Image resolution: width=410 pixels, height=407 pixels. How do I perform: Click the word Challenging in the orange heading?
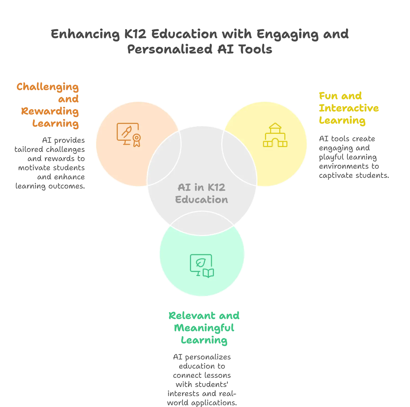(48, 87)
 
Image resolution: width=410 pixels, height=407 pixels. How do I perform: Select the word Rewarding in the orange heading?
(50, 111)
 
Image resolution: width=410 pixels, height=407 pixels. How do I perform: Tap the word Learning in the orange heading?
(56, 124)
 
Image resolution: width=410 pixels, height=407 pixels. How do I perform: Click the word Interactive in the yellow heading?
(349, 108)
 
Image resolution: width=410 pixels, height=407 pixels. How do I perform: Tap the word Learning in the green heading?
(204, 340)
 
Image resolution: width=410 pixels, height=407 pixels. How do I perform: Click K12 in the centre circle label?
(216, 187)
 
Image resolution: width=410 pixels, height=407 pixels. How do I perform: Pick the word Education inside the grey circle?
(201, 200)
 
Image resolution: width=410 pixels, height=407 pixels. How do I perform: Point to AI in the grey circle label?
(184, 187)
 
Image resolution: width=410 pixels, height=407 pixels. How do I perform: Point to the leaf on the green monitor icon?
(201, 263)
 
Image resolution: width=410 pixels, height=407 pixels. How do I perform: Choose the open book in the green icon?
(208, 273)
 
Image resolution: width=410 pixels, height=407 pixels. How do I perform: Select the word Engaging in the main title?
(287, 34)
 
